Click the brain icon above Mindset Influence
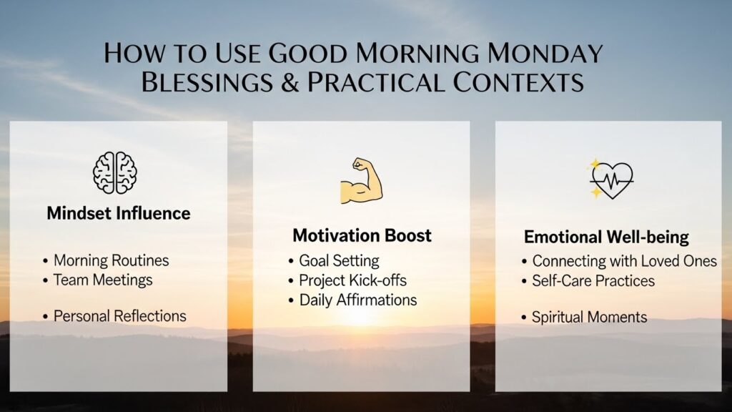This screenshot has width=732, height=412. [114, 172]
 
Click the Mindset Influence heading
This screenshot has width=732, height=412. [119, 213]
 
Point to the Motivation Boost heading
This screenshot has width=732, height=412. [362, 235]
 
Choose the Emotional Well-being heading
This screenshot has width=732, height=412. [606, 237]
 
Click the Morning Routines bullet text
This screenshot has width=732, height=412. [111, 260]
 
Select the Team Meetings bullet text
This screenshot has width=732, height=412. [103, 280]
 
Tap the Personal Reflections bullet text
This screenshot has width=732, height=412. [119, 315]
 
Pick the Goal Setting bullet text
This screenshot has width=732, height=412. [339, 260]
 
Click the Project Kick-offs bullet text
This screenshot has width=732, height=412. [352, 280]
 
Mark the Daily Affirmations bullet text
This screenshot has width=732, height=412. [357, 300]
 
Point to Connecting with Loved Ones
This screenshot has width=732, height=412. [624, 261]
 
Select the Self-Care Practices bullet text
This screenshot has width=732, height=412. [593, 280]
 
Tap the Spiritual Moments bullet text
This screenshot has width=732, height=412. [589, 317]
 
